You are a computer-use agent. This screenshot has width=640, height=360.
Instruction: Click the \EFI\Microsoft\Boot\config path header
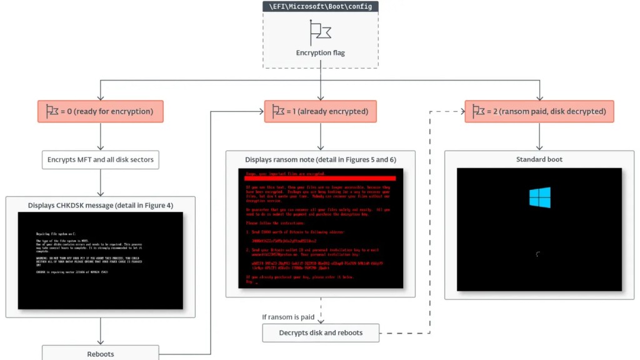(320, 6)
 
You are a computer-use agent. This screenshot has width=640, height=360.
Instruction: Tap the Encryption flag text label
(320, 53)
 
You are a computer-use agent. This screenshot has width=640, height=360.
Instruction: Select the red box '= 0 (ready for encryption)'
(100, 111)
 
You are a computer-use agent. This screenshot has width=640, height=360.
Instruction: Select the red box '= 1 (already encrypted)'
(320, 111)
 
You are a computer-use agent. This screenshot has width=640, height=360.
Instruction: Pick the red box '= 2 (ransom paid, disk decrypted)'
(539, 111)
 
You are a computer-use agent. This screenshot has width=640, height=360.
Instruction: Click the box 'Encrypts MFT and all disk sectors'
(100, 160)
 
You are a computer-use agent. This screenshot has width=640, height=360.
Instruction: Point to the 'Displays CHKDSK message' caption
(100, 205)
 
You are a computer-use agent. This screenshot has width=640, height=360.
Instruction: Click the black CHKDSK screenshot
(100, 261)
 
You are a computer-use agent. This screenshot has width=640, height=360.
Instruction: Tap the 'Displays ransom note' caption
(320, 160)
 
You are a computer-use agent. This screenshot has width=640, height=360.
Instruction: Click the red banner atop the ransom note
(320, 177)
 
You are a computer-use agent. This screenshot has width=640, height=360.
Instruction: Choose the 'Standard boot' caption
(539, 160)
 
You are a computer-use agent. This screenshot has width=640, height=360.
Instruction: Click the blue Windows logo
(539, 197)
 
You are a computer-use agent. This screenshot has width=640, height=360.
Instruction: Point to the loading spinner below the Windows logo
(538, 254)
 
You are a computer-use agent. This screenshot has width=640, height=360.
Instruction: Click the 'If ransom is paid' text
(288, 317)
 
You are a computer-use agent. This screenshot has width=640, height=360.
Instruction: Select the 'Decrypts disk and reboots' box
(320, 332)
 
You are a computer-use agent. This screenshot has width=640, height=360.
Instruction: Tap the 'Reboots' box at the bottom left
(100, 354)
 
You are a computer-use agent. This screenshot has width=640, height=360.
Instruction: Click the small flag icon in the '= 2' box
(478, 111)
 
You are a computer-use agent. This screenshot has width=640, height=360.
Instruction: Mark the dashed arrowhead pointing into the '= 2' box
(461, 111)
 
